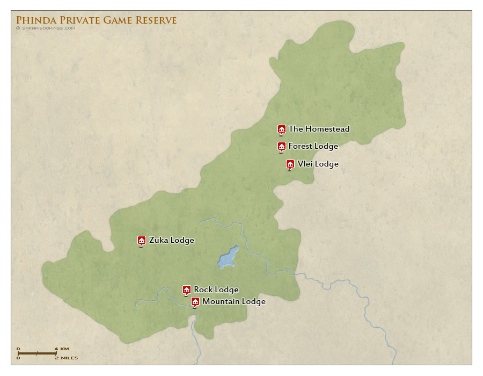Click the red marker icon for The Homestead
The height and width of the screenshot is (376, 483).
click(x=281, y=129)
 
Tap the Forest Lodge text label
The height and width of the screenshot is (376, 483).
click(x=313, y=146)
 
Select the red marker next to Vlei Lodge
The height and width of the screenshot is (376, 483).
click(x=290, y=164)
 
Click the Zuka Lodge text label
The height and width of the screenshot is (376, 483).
click(x=171, y=240)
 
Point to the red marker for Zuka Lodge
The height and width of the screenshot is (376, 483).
click(x=142, y=240)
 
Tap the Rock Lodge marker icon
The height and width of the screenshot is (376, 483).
click(x=187, y=290)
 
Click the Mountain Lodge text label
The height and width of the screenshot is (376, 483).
click(x=233, y=301)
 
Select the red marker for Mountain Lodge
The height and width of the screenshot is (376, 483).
click(x=195, y=301)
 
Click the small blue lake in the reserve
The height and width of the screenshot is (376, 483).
click(x=228, y=257)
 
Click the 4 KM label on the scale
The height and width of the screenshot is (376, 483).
click(x=61, y=349)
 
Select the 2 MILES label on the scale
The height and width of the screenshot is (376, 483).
click(x=65, y=358)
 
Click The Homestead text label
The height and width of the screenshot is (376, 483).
click(x=319, y=129)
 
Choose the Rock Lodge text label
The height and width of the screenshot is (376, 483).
click(x=216, y=290)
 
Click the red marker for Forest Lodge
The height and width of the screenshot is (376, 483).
click(x=281, y=146)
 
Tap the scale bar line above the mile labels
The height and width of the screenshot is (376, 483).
click(x=36, y=353)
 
